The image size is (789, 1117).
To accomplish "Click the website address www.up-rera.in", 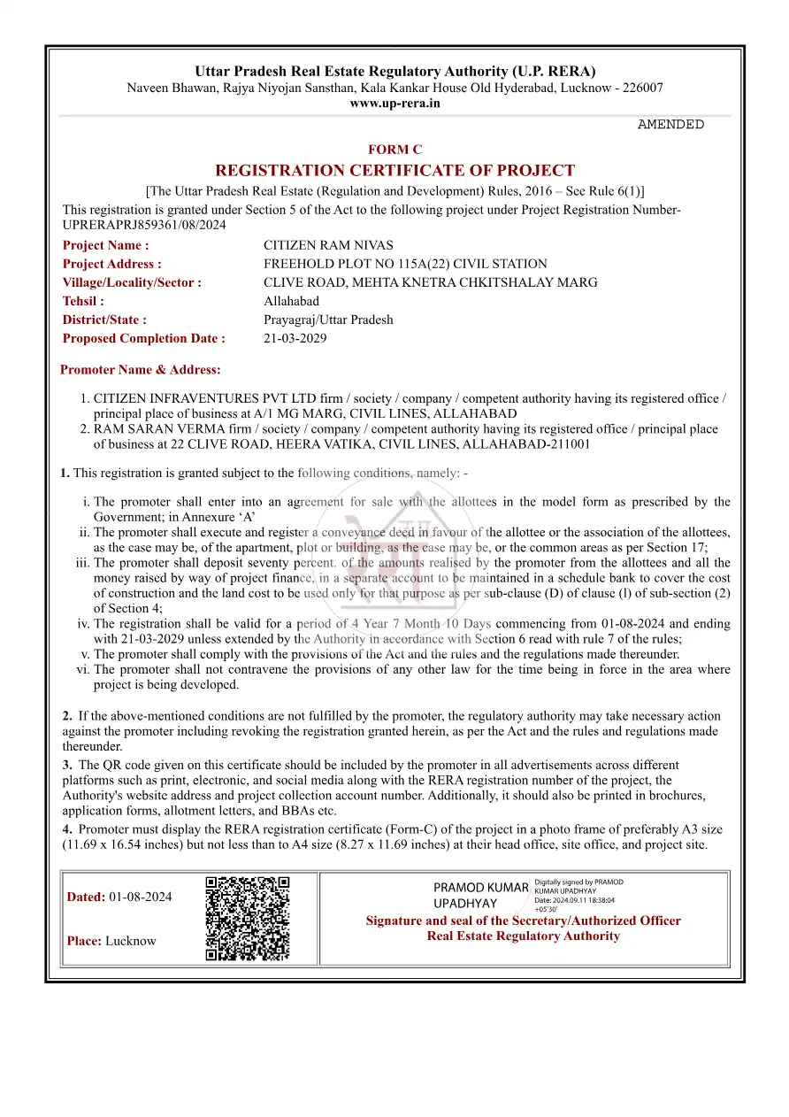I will point(394,104).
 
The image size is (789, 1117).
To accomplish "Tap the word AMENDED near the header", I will point(670,125).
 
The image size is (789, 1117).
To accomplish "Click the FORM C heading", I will point(394,150).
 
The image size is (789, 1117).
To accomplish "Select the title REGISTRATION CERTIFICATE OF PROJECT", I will point(394,171).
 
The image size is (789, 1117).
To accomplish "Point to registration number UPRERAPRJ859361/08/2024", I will point(144,225).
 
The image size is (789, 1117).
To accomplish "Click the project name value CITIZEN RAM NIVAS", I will point(328,245).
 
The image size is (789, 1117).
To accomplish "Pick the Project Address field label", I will point(111,264).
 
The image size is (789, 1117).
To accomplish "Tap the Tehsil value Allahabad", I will point(291,301).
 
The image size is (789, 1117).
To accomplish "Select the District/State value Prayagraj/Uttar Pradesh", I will point(328,320).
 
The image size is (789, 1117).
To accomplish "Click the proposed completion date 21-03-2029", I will point(295,338).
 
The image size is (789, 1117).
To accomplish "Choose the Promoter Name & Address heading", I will point(140,369).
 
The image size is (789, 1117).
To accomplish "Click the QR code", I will point(248,919).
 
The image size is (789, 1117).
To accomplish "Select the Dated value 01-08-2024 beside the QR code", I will point(141,897).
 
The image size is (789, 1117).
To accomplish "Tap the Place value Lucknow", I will point(130,941).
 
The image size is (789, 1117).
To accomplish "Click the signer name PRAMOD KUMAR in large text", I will point(480,887).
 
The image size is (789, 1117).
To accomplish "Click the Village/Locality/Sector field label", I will point(132,282).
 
